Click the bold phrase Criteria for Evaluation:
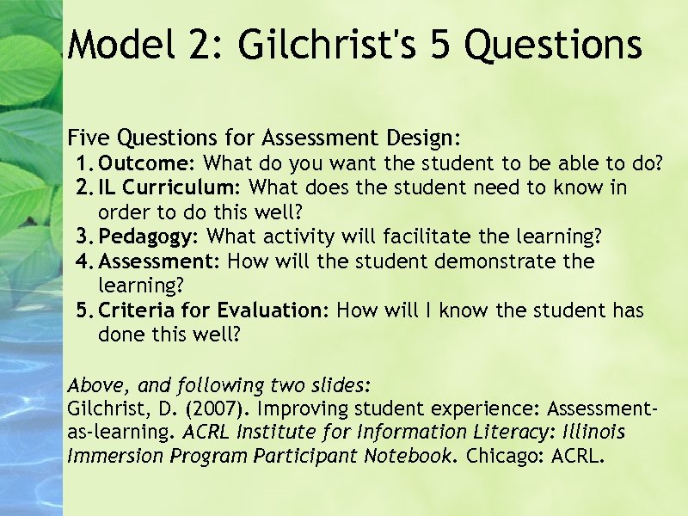point(214,310)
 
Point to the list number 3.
point(84,236)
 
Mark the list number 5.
point(84,310)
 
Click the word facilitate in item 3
point(423,236)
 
